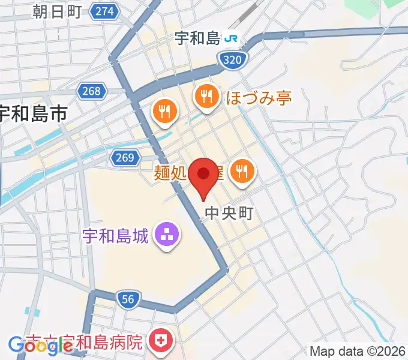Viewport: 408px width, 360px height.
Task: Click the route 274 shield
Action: click(104, 11)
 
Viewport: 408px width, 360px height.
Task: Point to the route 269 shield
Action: click(123, 158)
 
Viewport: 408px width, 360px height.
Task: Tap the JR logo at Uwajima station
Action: click(231, 39)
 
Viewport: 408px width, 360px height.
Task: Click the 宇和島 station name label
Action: click(197, 39)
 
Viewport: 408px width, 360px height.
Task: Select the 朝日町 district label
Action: click(57, 11)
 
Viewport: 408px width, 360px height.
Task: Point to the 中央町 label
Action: click(229, 212)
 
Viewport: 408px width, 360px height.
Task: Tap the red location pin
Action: click(203, 175)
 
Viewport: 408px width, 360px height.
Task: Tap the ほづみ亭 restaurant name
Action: click(258, 97)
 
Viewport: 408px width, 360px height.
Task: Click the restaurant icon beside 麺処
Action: click(242, 172)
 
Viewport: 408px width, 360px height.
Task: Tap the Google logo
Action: click(41, 345)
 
